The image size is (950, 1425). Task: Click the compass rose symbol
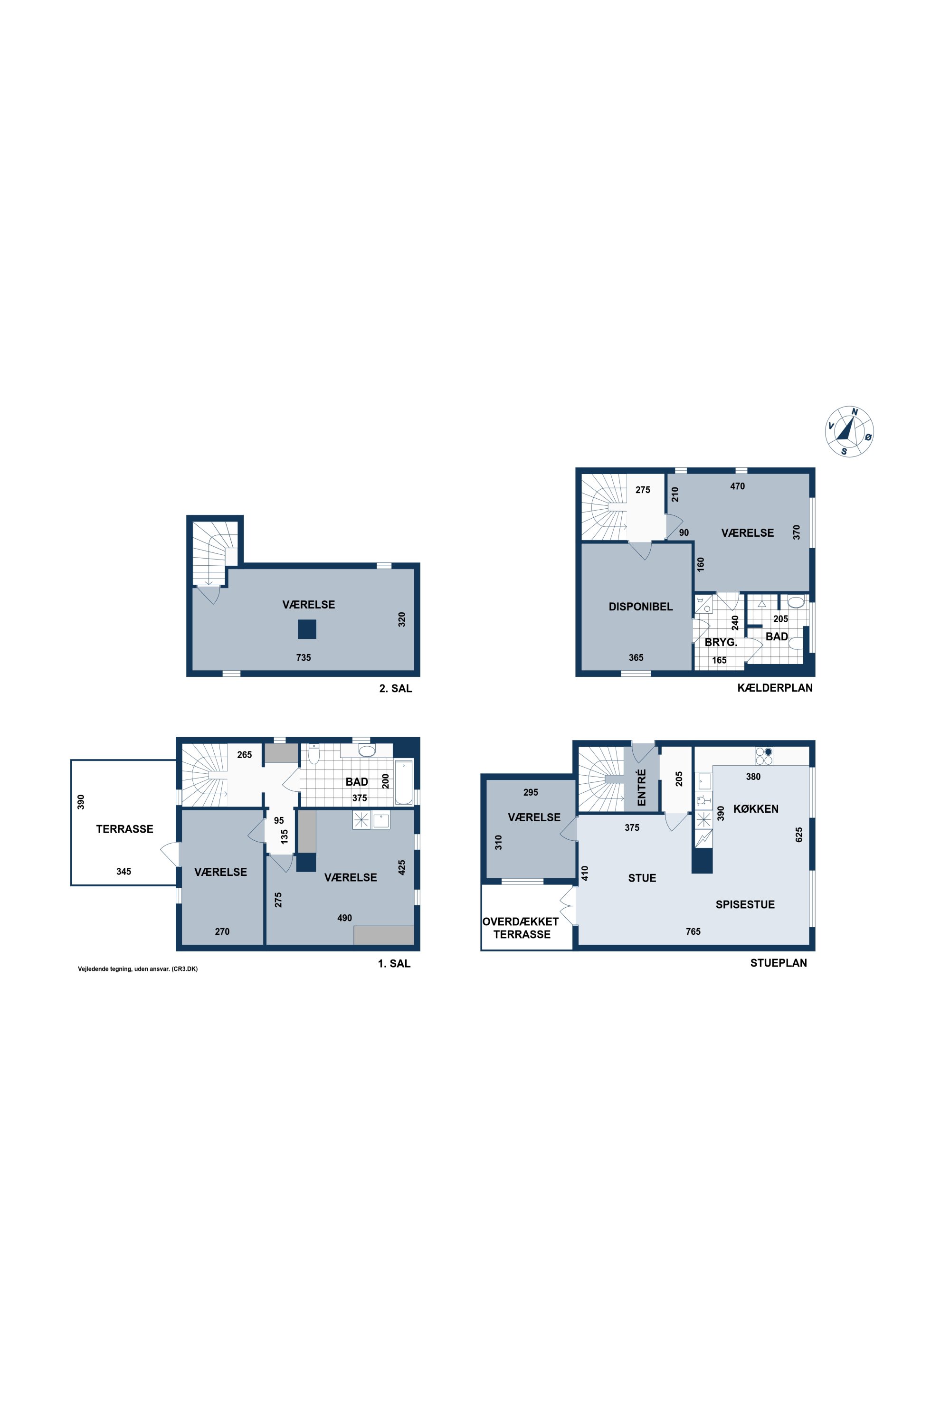click(850, 431)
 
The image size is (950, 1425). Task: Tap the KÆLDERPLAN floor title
click(775, 688)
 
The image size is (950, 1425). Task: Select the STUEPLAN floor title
click(779, 963)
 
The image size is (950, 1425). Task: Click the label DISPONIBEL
click(640, 607)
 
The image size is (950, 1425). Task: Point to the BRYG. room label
click(721, 642)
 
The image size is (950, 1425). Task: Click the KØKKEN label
click(756, 809)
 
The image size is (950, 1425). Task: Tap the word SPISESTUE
click(745, 904)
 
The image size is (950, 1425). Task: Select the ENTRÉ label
click(642, 787)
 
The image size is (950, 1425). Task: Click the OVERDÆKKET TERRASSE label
click(521, 928)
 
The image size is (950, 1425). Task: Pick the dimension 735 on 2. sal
click(304, 657)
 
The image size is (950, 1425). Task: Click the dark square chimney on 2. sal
click(307, 629)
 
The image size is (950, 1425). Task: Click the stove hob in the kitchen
click(764, 756)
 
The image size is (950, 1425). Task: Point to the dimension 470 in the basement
click(737, 486)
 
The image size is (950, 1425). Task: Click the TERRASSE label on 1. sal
click(125, 829)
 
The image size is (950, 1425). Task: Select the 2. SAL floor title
click(396, 688)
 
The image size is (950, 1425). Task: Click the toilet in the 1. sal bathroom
click(314, 754)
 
